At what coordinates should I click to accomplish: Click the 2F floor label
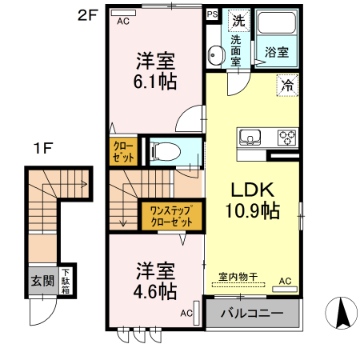point(87,14)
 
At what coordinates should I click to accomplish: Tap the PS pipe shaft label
point(212,14)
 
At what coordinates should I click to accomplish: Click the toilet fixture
point(165,150)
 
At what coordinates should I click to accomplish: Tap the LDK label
point(253,190)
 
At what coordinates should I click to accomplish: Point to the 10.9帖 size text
point(254,212)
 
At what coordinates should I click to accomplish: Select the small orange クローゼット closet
point(123,152)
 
